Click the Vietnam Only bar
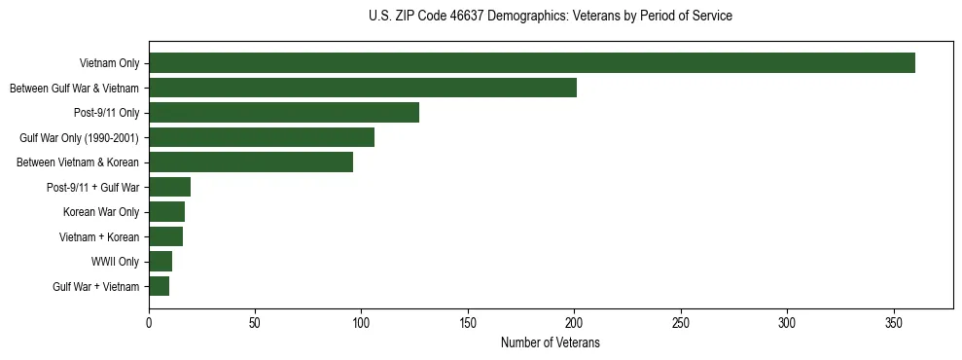[531, 63]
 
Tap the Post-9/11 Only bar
[283, 113]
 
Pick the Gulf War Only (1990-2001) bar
[261, 137]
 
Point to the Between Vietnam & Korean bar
[250, 162]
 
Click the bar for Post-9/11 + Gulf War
[169, 187]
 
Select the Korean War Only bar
[166, 211]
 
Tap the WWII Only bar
[160, 262]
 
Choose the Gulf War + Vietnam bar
[159, 286]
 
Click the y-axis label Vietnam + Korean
[100, 236]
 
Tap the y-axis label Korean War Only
[101, 212]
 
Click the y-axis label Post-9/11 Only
[107, 113]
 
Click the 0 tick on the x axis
[149, 322]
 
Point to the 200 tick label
[574, 322]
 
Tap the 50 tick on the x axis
[255, 322]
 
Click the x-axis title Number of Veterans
[550, 342]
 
